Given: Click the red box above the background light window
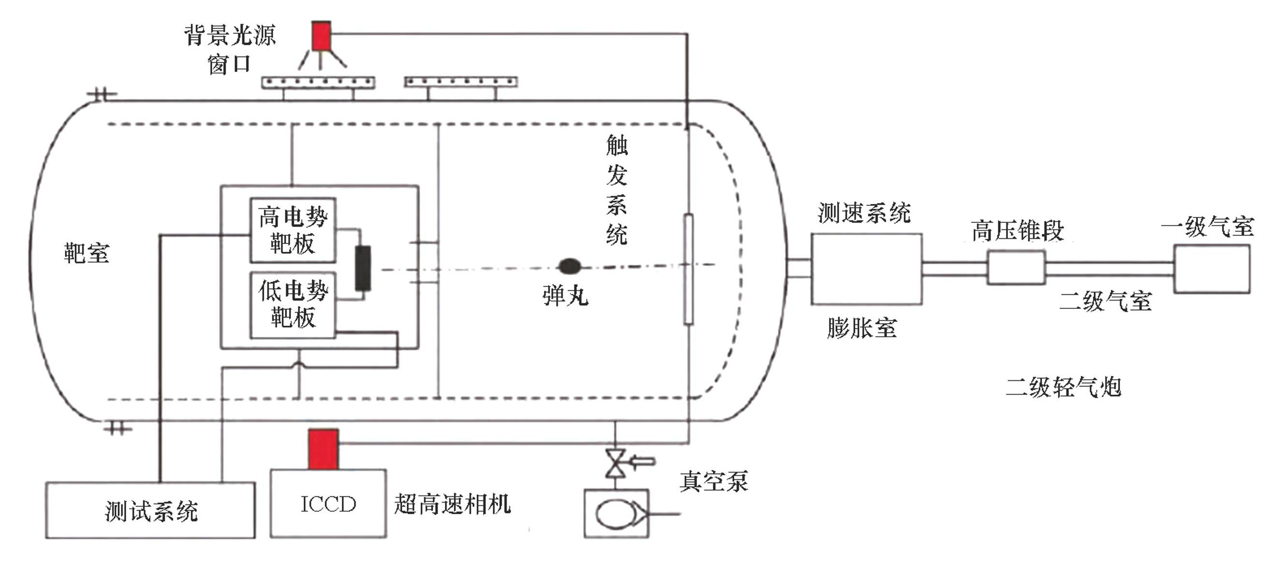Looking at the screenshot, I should point(321,36).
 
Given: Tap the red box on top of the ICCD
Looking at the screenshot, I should point(323,449).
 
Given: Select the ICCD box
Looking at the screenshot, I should point(328,503).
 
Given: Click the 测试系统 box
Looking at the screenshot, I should point(150,510).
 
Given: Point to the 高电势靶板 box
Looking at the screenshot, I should point(292,230).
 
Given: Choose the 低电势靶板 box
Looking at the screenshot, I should point(292,305).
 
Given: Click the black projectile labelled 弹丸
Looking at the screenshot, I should point(569,266).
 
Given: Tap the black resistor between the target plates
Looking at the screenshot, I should point(363,269).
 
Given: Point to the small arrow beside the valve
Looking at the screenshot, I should point(642,461).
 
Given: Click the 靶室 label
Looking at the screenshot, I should point(87,254).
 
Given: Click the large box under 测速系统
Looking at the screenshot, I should point(866,269).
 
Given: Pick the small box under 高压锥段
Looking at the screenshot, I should point(1016,268).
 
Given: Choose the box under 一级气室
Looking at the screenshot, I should point(1211,269).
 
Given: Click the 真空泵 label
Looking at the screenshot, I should point(714,481).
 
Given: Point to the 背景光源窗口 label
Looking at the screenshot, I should point(230,49).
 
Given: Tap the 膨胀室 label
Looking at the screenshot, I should point(862,328).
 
